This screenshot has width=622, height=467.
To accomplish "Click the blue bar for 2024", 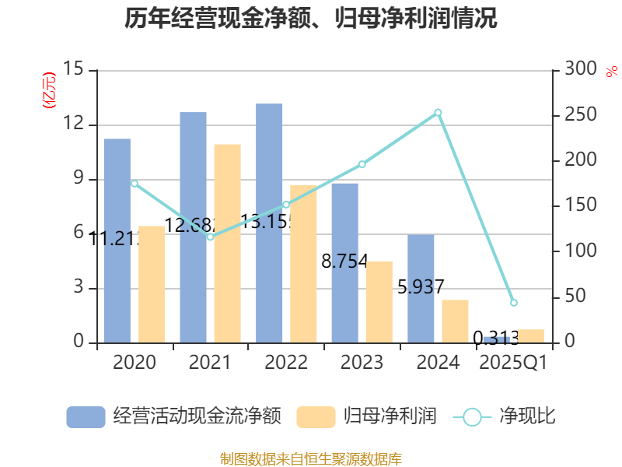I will pos(421,288).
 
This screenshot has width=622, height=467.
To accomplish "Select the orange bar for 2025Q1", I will pos(531,335).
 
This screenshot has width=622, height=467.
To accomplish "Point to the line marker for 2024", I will pos(438,113).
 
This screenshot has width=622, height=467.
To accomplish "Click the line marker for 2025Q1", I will pos(513,302).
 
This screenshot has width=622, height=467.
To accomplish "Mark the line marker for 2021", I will pos(210,237).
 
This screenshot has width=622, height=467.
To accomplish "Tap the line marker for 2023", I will pos(362,164).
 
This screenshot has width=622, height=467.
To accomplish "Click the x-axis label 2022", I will pos(286,363).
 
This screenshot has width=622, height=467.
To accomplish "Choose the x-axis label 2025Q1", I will pos(513,363).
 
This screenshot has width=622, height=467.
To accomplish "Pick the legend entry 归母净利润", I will pos(367,416).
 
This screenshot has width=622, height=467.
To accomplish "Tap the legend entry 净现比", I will pos(505,416).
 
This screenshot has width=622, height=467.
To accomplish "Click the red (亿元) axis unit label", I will pos(49,90).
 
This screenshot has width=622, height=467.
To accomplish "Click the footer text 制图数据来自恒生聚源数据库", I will pos(311,458).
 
